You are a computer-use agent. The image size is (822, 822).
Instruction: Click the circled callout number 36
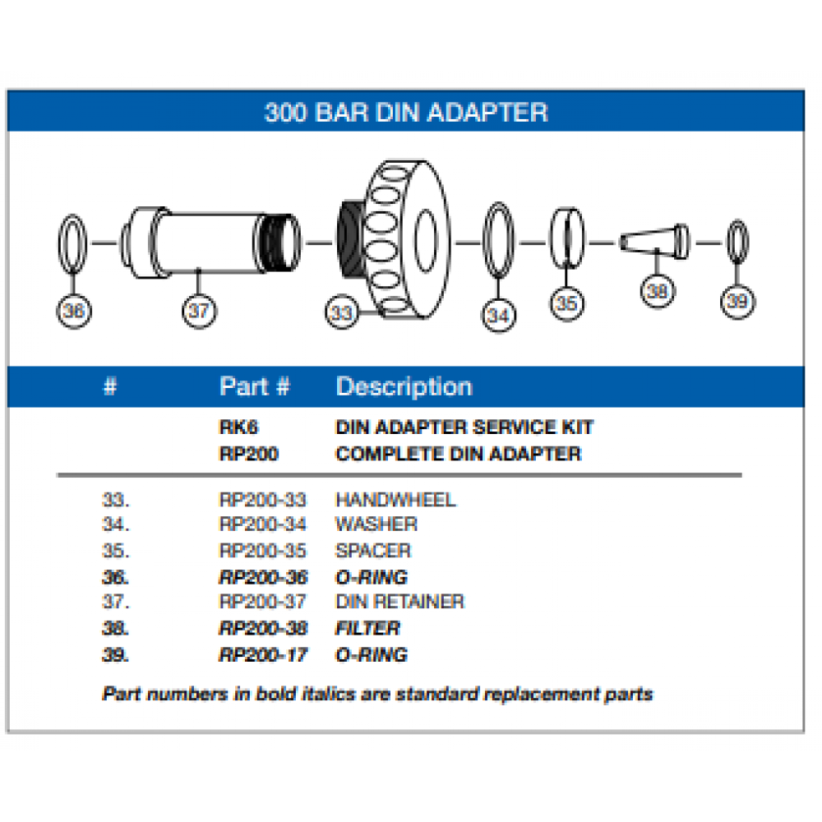coord(74,311)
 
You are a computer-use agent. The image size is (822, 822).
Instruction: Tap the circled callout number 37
coord(199,311)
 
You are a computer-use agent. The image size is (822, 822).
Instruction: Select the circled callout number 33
coord(341,312)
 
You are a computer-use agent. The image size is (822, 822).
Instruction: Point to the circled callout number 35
coord(566,302)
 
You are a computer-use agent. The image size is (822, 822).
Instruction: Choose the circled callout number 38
coord(657,289)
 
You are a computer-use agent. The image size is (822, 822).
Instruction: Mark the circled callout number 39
coord(737,301)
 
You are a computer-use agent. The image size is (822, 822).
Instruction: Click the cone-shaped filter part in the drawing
coord(654,241)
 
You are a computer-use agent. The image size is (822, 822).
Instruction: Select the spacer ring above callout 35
coord(566,238)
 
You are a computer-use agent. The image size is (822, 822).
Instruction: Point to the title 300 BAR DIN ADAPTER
coord(406,112)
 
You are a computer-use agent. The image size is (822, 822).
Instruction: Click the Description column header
coord(404,386)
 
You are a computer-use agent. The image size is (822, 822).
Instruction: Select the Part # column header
coord(254,386)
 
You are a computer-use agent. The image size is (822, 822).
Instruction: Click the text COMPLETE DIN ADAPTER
coord(458,454)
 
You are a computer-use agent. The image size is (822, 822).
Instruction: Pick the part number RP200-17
coord(263,655)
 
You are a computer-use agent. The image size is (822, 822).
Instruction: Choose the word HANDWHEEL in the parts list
coord(395,500)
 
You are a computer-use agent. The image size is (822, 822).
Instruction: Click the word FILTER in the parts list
coord(367,629)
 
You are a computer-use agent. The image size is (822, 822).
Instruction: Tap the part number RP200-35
coord(263,551)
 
